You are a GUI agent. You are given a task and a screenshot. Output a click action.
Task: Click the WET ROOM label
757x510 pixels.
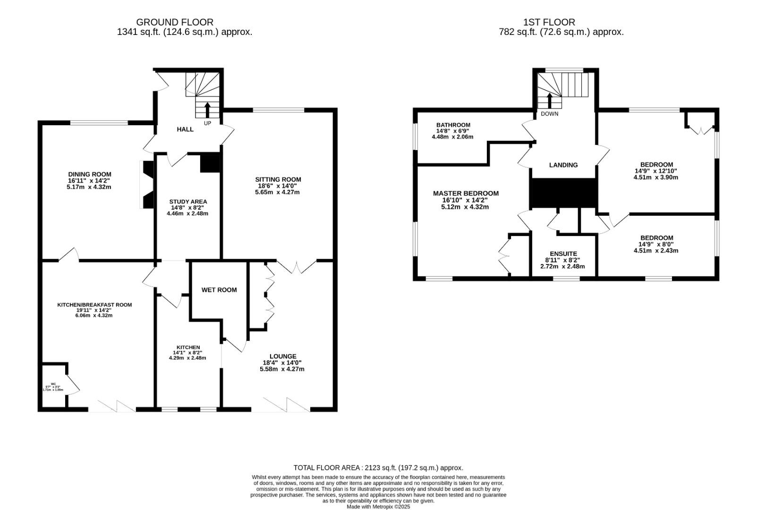[219, 290]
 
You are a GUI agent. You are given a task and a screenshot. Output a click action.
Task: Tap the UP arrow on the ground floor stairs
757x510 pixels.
[207, 110]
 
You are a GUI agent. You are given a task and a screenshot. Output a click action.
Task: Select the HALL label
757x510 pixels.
[185, 129]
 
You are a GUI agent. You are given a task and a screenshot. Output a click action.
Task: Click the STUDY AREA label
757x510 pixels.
[188, 202]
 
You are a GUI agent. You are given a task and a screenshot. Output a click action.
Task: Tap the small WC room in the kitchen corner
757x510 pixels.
[53, 386]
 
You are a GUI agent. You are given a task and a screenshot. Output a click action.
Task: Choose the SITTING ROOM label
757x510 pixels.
[278, 179]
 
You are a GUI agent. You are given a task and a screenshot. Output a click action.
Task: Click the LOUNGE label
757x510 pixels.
[283, 357]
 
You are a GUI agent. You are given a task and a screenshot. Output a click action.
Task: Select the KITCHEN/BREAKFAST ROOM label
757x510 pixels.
[94, 305]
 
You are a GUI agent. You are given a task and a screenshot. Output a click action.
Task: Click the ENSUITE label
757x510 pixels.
[563, 254]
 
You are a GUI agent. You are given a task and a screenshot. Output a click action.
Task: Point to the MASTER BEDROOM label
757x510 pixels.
[466, 194]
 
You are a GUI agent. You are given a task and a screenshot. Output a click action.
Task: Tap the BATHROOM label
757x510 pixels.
[453, 125]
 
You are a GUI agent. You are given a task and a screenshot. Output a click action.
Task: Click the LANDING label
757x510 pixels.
[563, 165]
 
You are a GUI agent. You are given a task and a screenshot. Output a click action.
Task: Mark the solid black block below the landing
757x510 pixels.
[563, 193]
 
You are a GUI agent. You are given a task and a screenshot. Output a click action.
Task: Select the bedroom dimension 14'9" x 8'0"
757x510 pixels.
[656, 245]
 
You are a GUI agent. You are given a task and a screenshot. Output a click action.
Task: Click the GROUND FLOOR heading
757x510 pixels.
[175, 22]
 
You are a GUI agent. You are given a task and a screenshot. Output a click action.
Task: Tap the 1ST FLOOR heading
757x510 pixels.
[549, 22]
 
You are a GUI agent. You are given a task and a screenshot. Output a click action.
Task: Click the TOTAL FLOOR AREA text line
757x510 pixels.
[378, 468]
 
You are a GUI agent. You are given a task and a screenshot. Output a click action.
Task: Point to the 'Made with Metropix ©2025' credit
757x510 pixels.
[378, 507]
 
